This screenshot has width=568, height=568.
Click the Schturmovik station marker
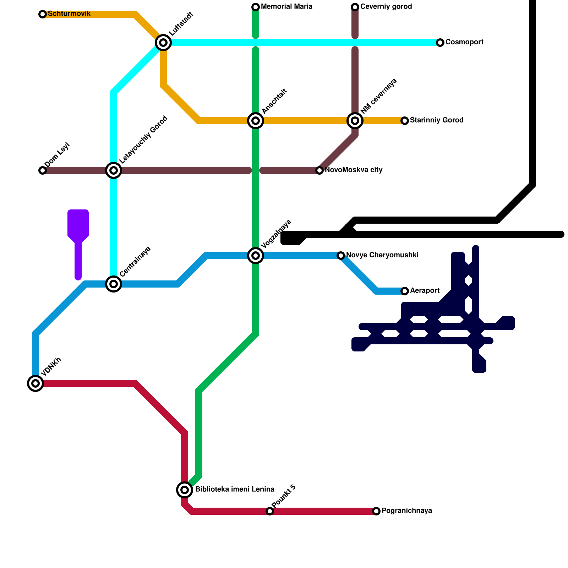coord(43,14)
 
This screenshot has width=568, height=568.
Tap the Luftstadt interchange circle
coord(163,43)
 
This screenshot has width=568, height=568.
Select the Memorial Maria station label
coord(286,7)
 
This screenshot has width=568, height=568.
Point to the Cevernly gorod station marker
coord(355,7)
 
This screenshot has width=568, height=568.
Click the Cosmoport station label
coord(464,42)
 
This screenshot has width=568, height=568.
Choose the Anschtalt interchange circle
coord(256,121)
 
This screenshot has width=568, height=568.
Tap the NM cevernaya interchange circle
coord(355,121)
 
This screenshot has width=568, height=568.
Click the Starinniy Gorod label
coord(437,120)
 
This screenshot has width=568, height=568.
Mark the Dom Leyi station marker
coord(43,170)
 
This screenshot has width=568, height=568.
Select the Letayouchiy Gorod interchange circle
coord(114,170)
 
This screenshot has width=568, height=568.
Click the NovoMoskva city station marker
coord(319,170)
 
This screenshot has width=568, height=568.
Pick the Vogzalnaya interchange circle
coord(256,256)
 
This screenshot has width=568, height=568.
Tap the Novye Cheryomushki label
coord(382,255)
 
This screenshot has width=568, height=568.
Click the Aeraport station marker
coord(405,291)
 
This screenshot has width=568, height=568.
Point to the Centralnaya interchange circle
coord(114,284)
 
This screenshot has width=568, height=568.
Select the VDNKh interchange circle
coord(35,383)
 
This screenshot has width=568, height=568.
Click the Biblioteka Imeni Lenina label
coord(235,490)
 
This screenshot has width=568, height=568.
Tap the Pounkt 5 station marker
coord(270,511)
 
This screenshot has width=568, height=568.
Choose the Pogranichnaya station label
coord(406,511)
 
